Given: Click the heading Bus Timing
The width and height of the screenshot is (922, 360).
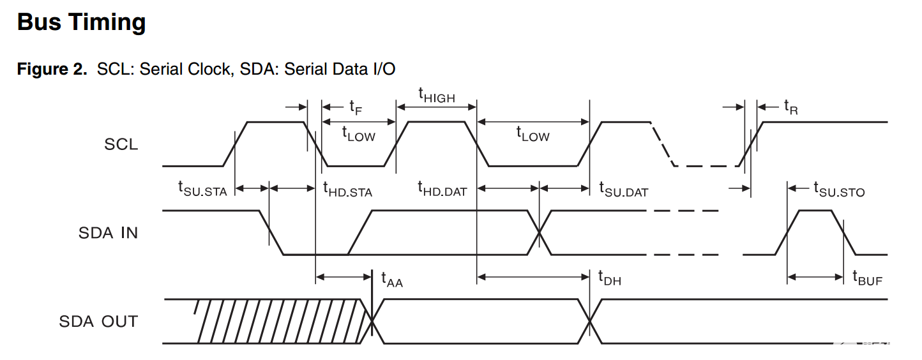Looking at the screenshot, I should coord(82,23).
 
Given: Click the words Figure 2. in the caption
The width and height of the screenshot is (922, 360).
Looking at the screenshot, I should coord(52,69).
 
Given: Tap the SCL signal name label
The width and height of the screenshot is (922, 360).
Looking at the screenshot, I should coord(121,145).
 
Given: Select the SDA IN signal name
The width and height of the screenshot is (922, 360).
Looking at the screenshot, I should coord(108,233).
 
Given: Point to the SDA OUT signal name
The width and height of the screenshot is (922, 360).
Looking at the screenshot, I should coord(98,321).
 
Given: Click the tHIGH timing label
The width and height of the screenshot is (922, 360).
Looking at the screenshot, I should coord(437,95).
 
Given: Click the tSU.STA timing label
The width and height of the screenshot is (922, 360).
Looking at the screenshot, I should coord(202,189).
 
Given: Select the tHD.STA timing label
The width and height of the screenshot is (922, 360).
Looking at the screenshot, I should coord(347,189).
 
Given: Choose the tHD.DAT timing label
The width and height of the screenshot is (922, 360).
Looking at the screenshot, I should coord(442,189).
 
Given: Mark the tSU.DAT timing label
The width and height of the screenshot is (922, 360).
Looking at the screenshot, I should coord(623,189).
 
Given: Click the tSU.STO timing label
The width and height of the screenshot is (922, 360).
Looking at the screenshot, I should coord(838,189).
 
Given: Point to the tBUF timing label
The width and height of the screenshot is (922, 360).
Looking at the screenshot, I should coord(867,278).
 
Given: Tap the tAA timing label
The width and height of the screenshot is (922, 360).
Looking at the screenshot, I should coord(392,278).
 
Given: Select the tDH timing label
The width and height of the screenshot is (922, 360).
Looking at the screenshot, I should coord(609,278).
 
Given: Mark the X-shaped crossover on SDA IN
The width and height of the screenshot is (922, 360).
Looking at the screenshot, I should coord(540,233).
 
